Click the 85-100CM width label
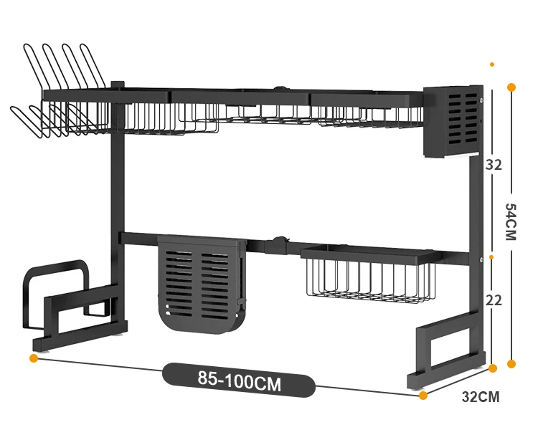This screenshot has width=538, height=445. (239, 381)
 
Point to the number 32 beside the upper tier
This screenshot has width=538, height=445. (494, 164)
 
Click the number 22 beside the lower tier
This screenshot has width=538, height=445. (494, 300)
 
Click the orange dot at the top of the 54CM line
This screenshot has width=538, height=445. (511, 87)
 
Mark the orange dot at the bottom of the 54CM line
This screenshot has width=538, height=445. (511, 364)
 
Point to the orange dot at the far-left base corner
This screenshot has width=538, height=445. (34, 357)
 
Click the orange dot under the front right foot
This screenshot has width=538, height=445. (423, 395)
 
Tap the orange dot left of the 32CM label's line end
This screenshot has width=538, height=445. (492, 368)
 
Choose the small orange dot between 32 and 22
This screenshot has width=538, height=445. (492, 256)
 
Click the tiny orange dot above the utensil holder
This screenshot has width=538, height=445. (492, 64)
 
